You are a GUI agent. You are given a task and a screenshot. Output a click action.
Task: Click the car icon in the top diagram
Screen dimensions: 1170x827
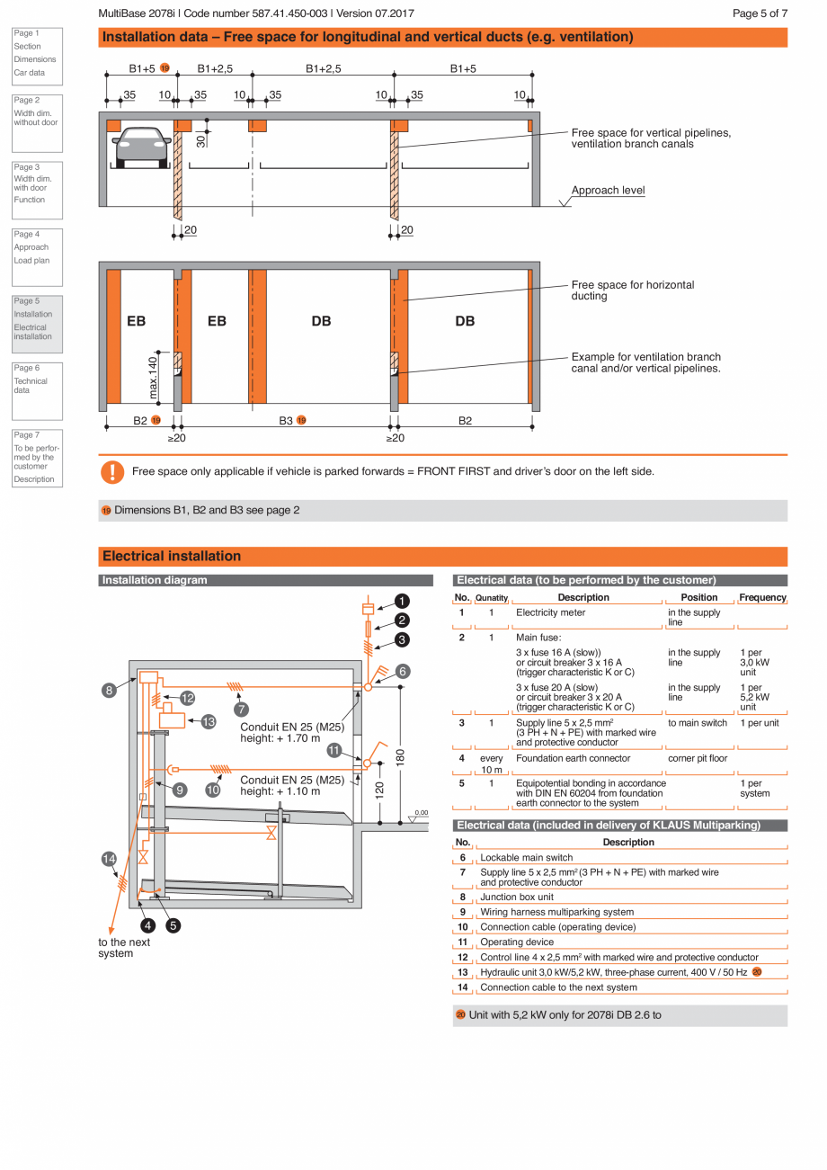143,147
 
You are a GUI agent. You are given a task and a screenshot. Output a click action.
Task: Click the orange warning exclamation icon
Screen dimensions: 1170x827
111,471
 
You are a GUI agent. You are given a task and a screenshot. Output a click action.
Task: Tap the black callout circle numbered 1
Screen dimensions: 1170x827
402,602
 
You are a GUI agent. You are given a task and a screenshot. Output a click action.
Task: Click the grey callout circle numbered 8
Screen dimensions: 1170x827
109,691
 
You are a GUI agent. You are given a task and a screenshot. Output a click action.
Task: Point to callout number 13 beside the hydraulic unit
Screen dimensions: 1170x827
209,721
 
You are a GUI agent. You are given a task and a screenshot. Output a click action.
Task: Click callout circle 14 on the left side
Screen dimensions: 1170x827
109,859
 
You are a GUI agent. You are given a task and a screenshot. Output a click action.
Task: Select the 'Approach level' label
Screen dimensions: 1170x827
608,191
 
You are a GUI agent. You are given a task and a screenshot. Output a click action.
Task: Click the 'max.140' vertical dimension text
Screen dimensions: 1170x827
154,378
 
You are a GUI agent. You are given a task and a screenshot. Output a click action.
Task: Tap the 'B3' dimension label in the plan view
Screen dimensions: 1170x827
286,420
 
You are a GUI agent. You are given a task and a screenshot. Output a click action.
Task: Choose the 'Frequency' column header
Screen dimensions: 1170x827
762,597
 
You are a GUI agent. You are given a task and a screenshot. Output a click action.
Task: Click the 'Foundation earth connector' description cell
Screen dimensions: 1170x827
573,758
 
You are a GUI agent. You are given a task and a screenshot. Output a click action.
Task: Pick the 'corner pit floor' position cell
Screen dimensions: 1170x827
698,758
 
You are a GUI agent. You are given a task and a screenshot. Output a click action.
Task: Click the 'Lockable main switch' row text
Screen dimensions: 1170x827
526,857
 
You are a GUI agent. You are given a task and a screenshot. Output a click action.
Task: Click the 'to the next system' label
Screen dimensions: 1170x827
124,948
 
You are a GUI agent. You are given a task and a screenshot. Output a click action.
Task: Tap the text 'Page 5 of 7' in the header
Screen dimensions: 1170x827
760,13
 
